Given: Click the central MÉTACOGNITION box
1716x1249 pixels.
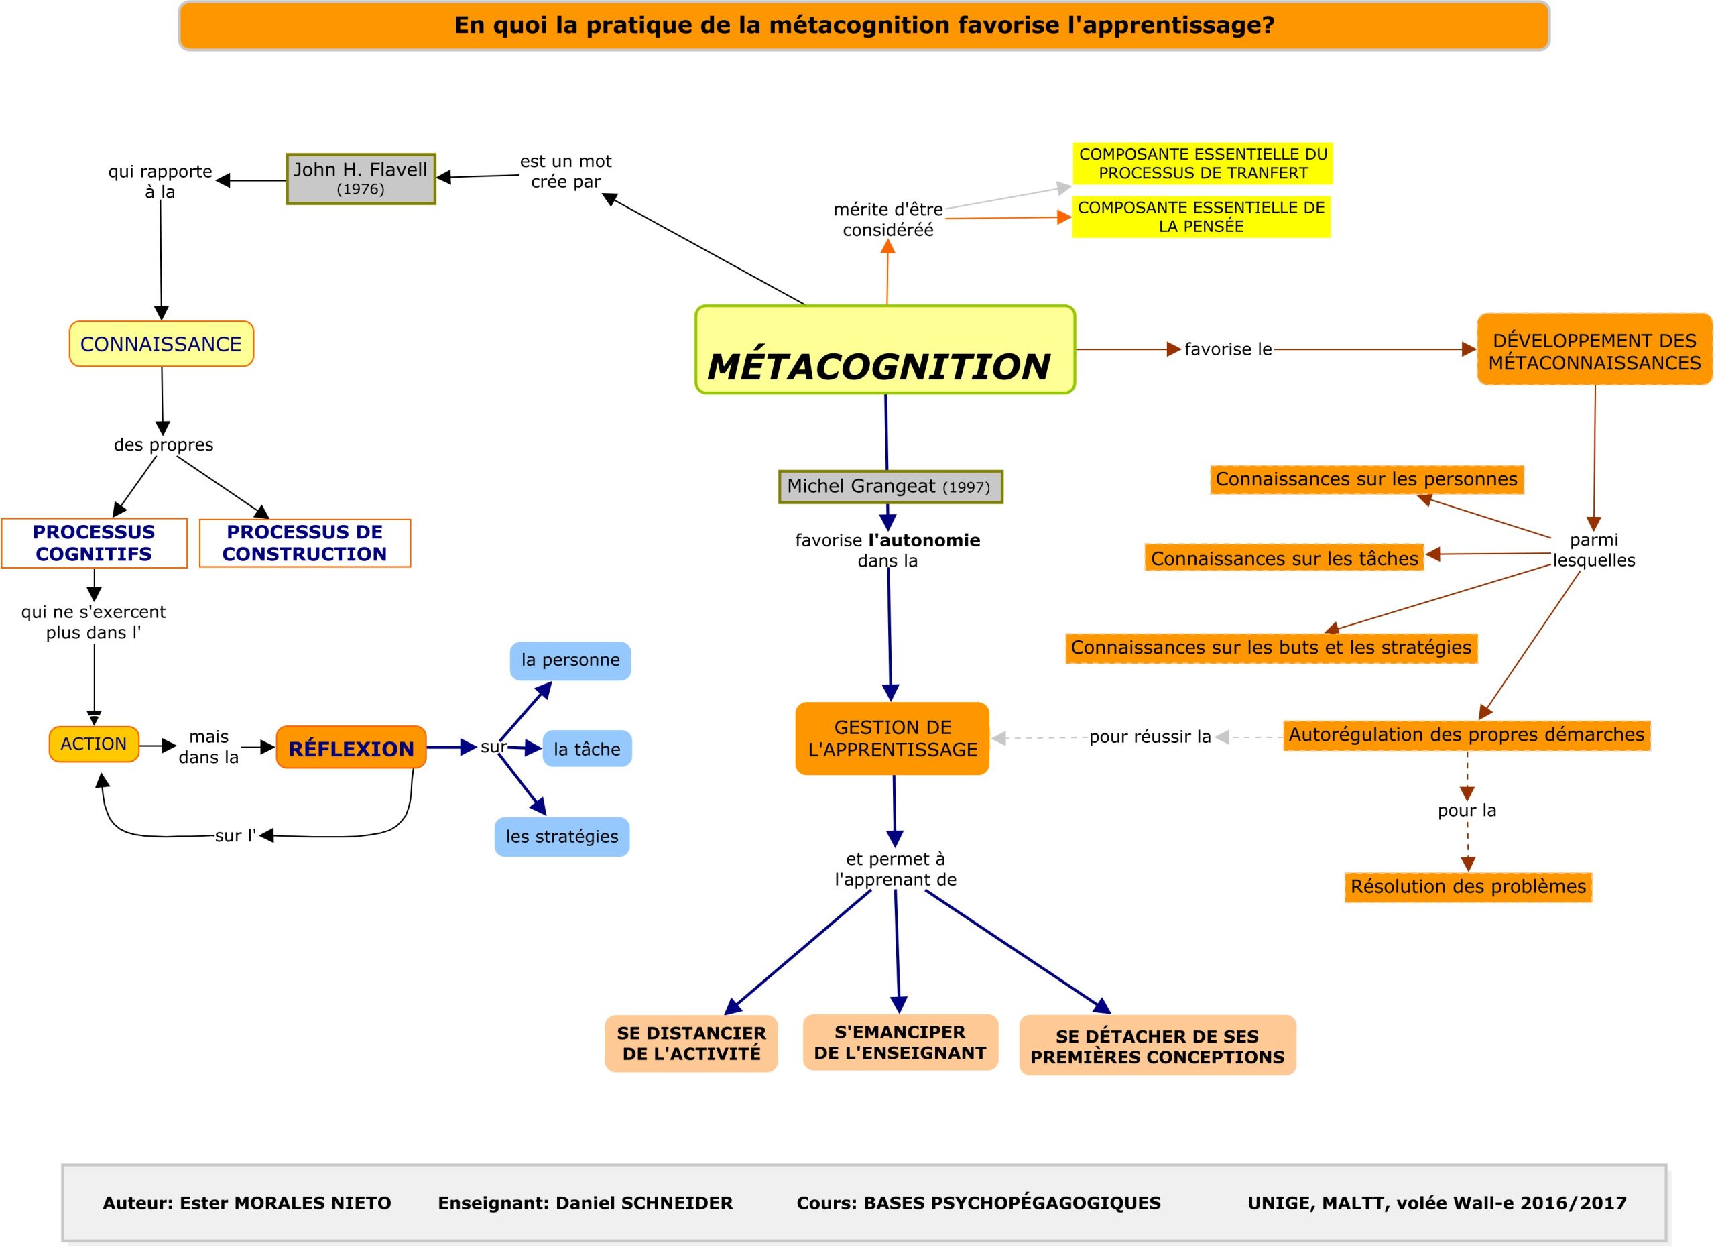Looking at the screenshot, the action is [x=885, y=349].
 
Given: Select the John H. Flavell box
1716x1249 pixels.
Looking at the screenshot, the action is [x=361, y=178].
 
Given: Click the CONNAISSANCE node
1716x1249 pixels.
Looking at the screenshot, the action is [x=161, y=344].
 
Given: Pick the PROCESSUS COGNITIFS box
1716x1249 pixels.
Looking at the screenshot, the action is [x=94, y=543].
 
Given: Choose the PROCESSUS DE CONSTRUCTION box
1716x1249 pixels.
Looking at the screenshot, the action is [x=305, y=543].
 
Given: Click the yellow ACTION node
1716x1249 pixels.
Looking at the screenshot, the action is [x=94, y=744].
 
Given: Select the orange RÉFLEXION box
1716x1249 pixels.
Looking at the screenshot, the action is [x=351, y=748].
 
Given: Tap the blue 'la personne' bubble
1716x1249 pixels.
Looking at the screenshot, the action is [x=570, y=660].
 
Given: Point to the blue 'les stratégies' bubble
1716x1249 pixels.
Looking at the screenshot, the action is [x=562, y=837].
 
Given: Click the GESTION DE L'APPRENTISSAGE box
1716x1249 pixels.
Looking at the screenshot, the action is [x=892, y=738].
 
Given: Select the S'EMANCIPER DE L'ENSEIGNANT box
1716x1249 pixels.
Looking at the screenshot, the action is [x=900, y=1043].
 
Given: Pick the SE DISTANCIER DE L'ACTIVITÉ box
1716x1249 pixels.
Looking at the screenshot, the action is [x=691, y=1043].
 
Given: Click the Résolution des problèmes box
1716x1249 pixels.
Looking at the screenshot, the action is [x=1468, y=886].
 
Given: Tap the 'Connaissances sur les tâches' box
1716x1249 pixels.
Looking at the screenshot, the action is [x=1284, y=558].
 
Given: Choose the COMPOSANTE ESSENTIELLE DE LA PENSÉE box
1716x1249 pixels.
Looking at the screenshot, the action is [x=1201, y=217].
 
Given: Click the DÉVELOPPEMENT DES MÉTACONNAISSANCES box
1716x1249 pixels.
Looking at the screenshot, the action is [x=1594, y=350].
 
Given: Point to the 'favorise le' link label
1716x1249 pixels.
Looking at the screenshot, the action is [x=1228, y=349].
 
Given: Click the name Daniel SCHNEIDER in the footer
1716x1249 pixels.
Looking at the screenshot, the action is [x=644, y=1203].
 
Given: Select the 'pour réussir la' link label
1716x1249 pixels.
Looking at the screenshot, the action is [x=1150, y=737].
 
